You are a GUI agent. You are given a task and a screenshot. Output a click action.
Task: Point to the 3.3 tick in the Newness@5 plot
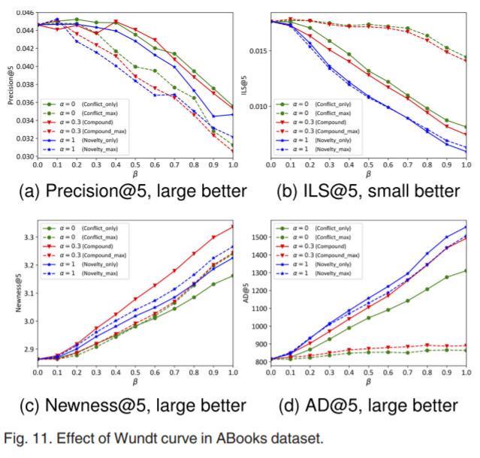(27, 237)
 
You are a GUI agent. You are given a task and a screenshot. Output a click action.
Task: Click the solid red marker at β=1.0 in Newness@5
(233, 227)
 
